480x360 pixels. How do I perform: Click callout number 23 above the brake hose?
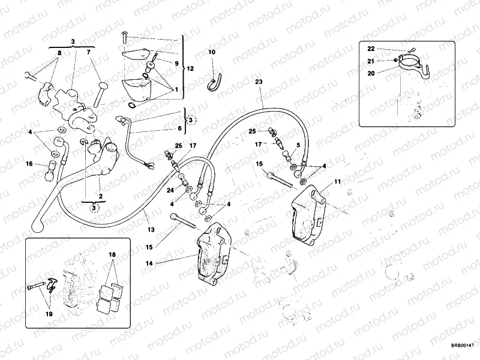point(259,81)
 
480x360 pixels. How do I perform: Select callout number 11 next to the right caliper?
point(337,180)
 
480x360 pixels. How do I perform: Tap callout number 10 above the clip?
point(211,53)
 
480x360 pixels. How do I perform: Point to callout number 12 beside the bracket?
point(190,69)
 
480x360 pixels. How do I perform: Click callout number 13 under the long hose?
point(151,230)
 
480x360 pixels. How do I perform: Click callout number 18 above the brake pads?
point(111,255)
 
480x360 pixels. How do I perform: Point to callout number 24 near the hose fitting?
point(170,191)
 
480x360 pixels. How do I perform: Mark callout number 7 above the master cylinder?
point(89,53)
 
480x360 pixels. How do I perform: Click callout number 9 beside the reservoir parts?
point(176,63)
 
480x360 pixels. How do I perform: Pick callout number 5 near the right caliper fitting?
point(298,145)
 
